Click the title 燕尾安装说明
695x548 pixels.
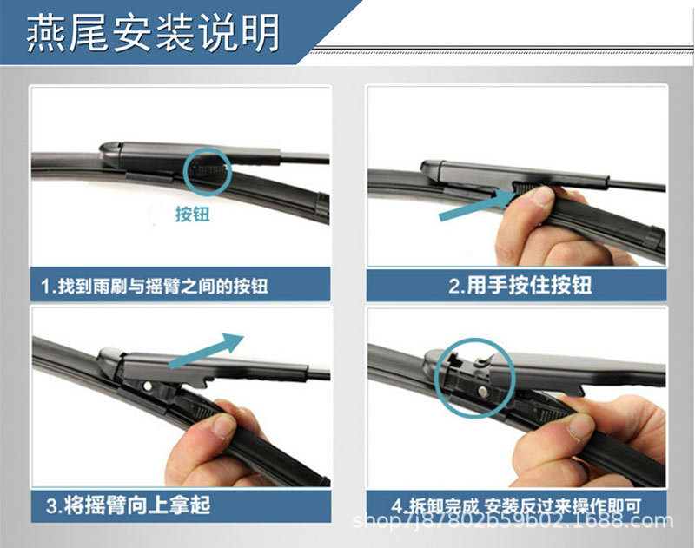pyautogui.click(x=153, y=32)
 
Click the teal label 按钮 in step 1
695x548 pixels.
pyautogui.click(x=192, y=214)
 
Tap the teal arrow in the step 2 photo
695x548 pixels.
pyautogui.click(x=475, y=204)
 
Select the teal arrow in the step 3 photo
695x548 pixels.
pyautogui.click(x=206, y=350)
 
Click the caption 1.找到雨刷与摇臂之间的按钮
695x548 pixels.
pyautogui.click(x=155, y=286)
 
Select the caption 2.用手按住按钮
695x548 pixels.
pyautogui.click(x=520, y=285)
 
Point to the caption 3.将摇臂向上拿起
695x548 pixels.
pyautogui.click(x=128, y=505)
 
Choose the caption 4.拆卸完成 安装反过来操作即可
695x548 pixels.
pyautogui.click(x=516, y=505)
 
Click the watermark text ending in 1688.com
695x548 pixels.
pyautogui.click(x=513, y=521)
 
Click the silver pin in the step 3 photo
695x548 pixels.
pyautogui.click(x=147, y=386)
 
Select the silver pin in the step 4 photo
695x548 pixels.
pyautogui.click(x=482, y=391)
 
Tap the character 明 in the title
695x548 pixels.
pyautogui.click(x=261, y=32)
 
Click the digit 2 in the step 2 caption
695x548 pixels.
pyautogui.click(x=453, y=286)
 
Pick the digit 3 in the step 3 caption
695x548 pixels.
pyautogui.click(x=51, y=506)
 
